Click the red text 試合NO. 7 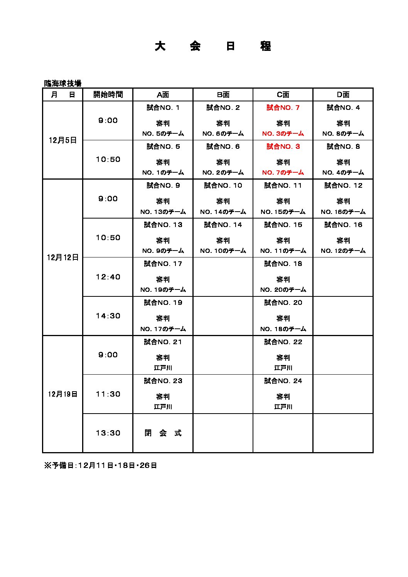[283, 108]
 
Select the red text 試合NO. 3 [283, 146]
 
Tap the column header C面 [283, 94]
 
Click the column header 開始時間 [108, 94]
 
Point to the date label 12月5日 [62, 140]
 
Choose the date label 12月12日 [62, 257]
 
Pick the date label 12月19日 [62, 394]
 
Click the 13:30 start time [108, 433]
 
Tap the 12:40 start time [108, 277]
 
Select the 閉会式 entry [163, 433]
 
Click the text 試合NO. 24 [283, 381]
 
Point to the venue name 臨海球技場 [62, 83]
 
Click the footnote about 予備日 [101, 465]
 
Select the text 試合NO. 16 [343, 225]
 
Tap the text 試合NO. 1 [163, 108]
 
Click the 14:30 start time [108, 316]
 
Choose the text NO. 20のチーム [283, 289]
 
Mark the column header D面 [343, 94]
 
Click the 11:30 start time [108, 394]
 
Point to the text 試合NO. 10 [223, 185]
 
